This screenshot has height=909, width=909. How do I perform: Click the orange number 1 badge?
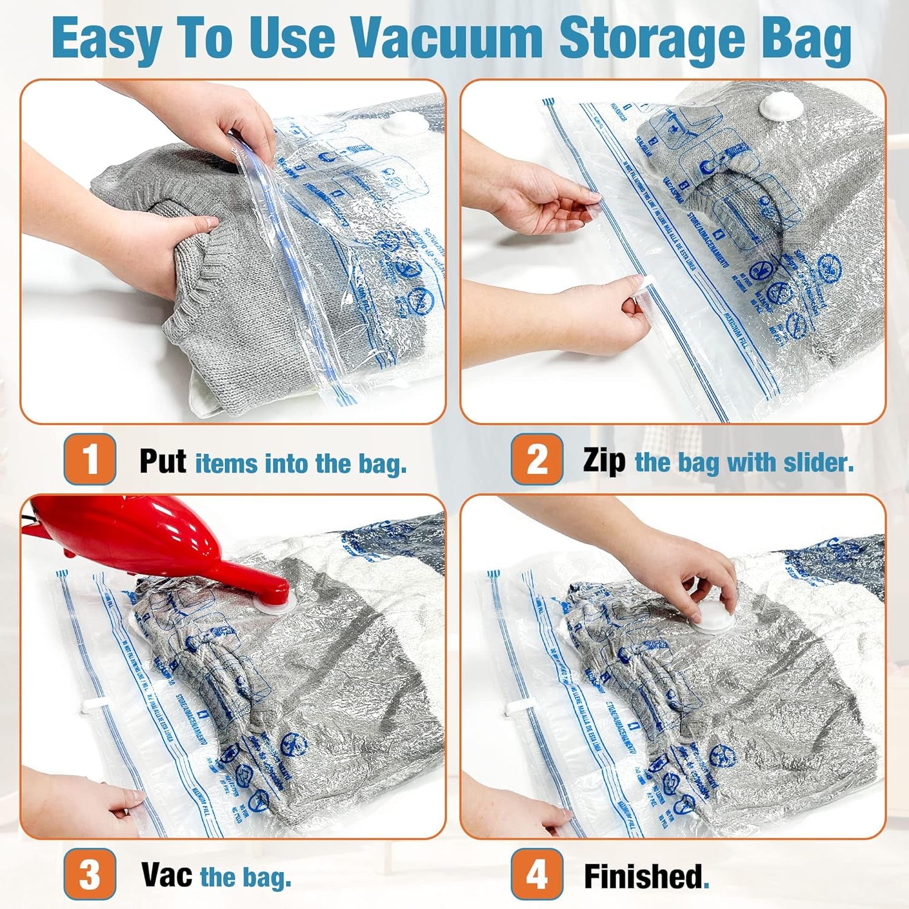pos(90,459)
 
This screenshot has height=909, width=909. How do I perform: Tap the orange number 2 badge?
pos(537,459)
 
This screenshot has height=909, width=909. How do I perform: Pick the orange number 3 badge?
pos(90,874)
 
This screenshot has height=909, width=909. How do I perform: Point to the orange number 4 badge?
pos(537,874)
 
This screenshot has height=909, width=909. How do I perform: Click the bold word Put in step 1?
pos(162,462)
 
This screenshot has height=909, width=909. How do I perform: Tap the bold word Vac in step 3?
pos(167,875)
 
